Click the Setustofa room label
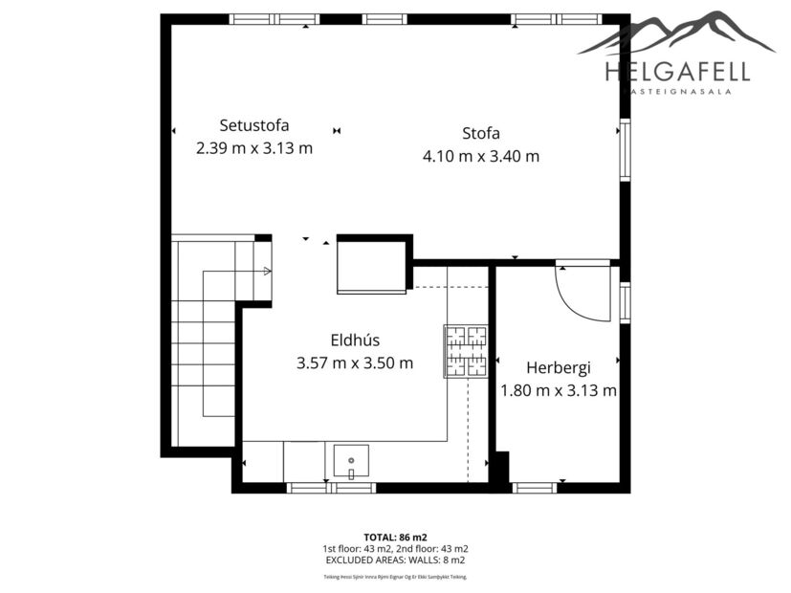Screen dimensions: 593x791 (253, 124)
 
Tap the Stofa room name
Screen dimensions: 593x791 (481, 133)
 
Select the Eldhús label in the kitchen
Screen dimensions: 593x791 (355, 340)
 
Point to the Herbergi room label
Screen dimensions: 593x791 (558, 367)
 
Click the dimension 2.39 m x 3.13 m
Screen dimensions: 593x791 (253, 148)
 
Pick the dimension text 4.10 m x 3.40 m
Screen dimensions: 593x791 (481, 156)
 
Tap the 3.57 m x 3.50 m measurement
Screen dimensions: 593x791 (355, 362)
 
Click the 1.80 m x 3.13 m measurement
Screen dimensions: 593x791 (558, 390)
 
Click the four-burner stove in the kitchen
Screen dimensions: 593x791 (466, 351)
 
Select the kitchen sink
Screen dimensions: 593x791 (351, 460)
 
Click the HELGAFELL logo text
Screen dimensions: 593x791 (676, 71)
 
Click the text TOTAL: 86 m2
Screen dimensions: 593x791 (395, 538)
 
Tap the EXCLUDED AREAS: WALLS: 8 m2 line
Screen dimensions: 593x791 (395, 560)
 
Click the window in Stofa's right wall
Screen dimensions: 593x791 (625, 149)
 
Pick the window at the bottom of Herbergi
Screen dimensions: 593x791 (534, 488)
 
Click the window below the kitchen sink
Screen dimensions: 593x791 (332, 488)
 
